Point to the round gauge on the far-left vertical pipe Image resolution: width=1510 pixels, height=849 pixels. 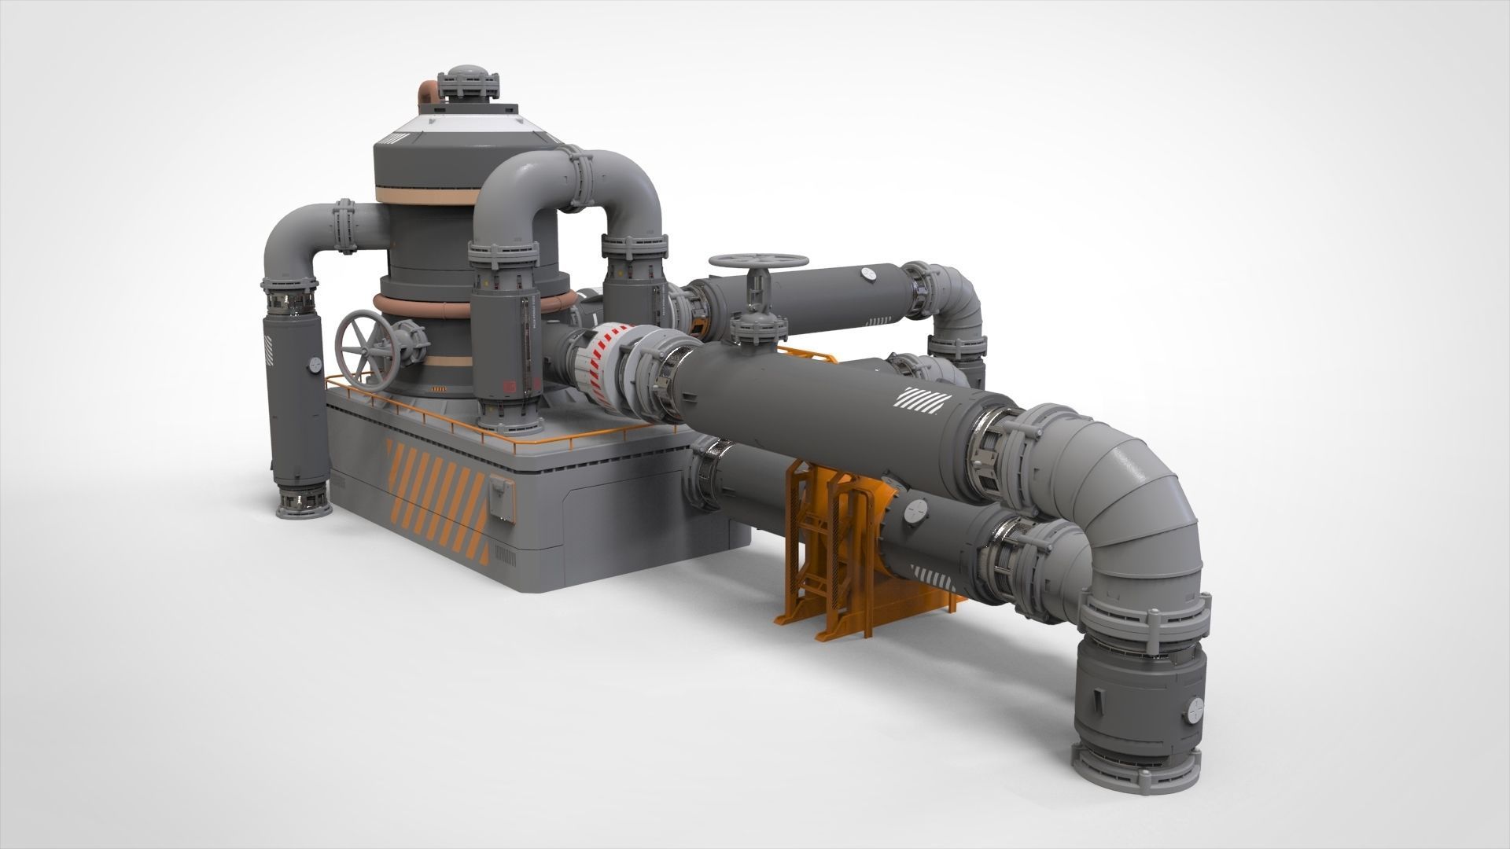pyautogui.click(x=313, y=365)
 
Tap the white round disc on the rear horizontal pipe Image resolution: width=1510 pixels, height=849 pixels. pyautogui.click(x=868, y=274)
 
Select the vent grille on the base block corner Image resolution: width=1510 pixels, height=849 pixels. pyautogui.click(x=506, y=558)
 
